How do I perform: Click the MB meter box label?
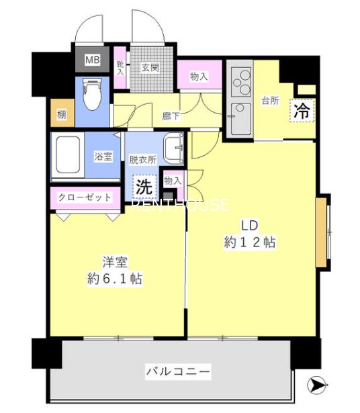click(91, 59)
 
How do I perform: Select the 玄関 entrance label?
click(148, 67)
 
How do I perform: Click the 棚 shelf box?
click(62, 114)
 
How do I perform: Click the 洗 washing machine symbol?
click(144, 183)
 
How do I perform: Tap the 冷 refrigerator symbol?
click(303, 110)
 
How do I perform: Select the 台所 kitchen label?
click(270, 101)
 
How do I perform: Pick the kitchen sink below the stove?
click(240, 118)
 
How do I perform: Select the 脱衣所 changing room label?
click(142, 160)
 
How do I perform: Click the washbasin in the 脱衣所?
click(174, 148)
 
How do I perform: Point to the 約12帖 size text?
click(250, 242)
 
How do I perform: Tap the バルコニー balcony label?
click(179, 371)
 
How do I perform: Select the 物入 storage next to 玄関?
click(199, 77)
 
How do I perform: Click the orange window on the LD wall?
click(322, 230)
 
